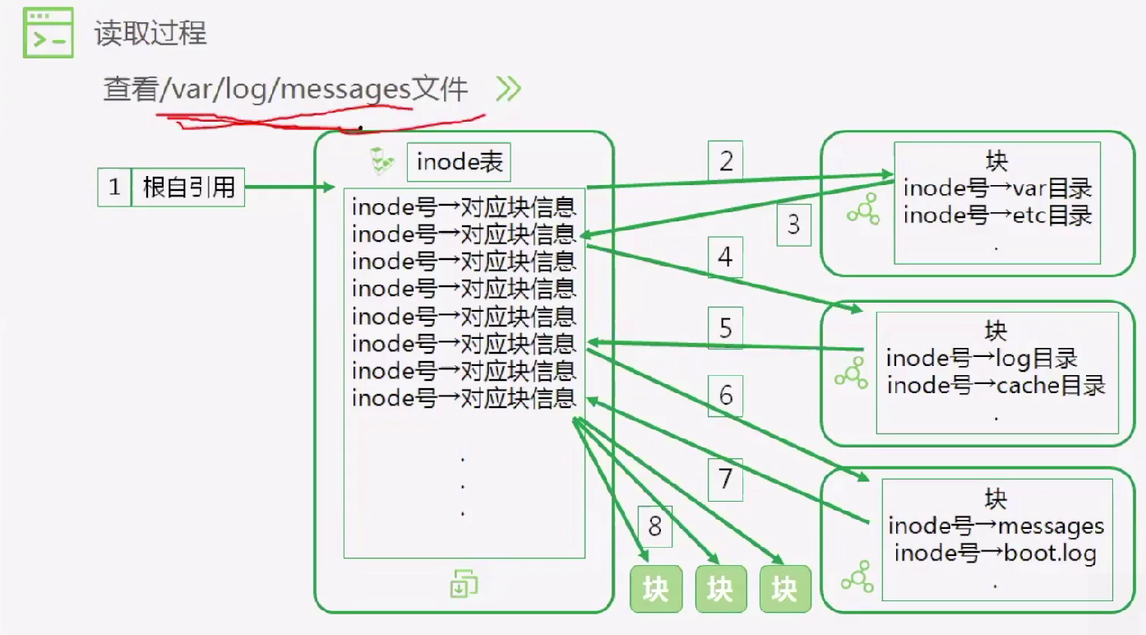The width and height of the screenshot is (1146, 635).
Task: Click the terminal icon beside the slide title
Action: [48, 32]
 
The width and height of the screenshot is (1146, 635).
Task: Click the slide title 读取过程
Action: [150, 33]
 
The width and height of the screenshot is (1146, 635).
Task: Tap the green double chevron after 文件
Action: [509, 89]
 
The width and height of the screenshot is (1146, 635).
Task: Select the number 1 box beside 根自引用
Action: [114, 187]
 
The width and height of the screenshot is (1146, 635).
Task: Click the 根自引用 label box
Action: [188, 187]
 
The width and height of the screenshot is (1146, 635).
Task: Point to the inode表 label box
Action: [459, 162]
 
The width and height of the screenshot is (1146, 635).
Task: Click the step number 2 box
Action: [725, 160]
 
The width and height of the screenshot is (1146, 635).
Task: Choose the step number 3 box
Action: [793, 225]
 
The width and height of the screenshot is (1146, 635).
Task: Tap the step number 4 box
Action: [725, 257]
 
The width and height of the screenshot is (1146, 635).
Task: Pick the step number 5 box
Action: [725, 328]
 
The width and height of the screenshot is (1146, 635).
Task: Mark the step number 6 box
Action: [725, 396]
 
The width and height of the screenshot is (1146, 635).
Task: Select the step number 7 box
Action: [725, 480]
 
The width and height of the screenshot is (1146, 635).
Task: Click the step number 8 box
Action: [655, 526]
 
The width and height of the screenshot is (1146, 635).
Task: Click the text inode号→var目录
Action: [998, 188]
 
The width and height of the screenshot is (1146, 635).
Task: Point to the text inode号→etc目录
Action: [998, 216]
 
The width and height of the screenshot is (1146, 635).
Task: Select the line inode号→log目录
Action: [982, 358]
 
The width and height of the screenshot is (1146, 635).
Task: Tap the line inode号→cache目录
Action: [996, 385]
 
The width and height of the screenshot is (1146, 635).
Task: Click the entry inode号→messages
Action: [996, 526]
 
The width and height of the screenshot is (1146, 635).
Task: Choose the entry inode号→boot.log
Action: [995, 553]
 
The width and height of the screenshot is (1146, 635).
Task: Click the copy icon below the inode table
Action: [464, 583]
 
